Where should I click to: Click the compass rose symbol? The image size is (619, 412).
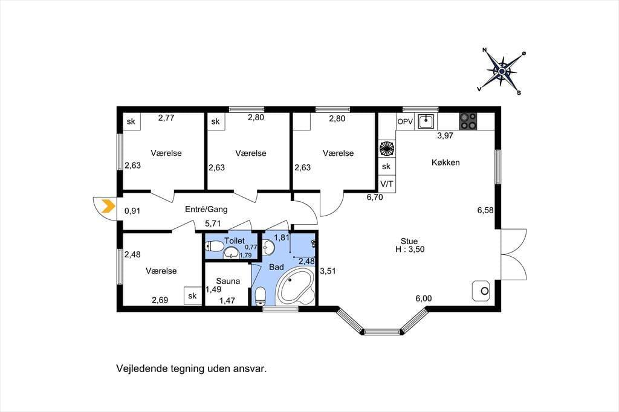[x=502, y=71]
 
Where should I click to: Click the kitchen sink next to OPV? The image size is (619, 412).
[x=426, y=121]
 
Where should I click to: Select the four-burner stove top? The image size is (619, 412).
[x=468, y=121]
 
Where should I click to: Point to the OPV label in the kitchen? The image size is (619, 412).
[x=405, y=121]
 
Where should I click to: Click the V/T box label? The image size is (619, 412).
[x=386, y=184]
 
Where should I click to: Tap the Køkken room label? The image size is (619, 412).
[x=446, y=162]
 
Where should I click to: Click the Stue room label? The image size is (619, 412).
[x=409, y=241]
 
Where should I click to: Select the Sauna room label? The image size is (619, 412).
[x=228, y=281]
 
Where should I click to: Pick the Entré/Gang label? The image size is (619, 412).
[x=207, y=209]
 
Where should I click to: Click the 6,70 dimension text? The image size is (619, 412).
[x=375, y=198]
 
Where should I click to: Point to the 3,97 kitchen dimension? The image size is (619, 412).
[x=446, y=135]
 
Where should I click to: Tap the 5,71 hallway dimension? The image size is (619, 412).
[x=213, y=224]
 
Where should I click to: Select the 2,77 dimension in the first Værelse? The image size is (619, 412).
[x=166, y=118]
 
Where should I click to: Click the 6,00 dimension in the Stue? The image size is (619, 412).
[x=424, y=298]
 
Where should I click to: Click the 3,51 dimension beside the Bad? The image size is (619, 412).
[x=328, y=271]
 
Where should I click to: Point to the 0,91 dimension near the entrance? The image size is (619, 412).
[x=132, y=211]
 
